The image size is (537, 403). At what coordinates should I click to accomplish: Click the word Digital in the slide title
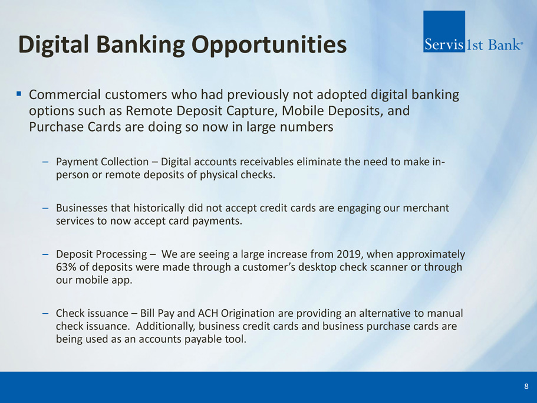tap(54, 45)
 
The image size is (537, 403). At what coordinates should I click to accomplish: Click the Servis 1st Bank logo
tap(473, 31)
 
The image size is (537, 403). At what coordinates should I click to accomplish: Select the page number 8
tap(526, 386)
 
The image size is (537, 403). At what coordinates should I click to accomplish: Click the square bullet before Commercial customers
tap(19, 94)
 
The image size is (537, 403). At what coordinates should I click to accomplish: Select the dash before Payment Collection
tap(45, 162)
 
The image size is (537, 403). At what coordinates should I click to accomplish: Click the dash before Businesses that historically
tap(45, 208)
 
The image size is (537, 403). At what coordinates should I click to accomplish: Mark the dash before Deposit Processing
tap(45, 255)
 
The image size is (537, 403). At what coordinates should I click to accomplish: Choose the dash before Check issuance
tap(45, 313)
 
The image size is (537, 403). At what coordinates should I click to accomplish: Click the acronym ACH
tap(208, 313)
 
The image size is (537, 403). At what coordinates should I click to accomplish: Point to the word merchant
tap(426, 208)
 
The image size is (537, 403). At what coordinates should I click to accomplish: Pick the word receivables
tap(266, 162)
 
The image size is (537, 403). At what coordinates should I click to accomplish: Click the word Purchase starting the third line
tap(57, 127)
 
